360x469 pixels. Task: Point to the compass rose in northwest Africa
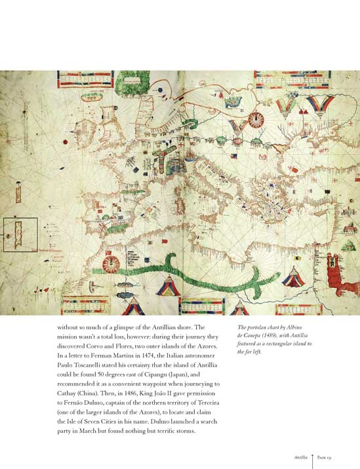[112, 264]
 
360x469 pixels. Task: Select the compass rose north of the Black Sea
[256, 119]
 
